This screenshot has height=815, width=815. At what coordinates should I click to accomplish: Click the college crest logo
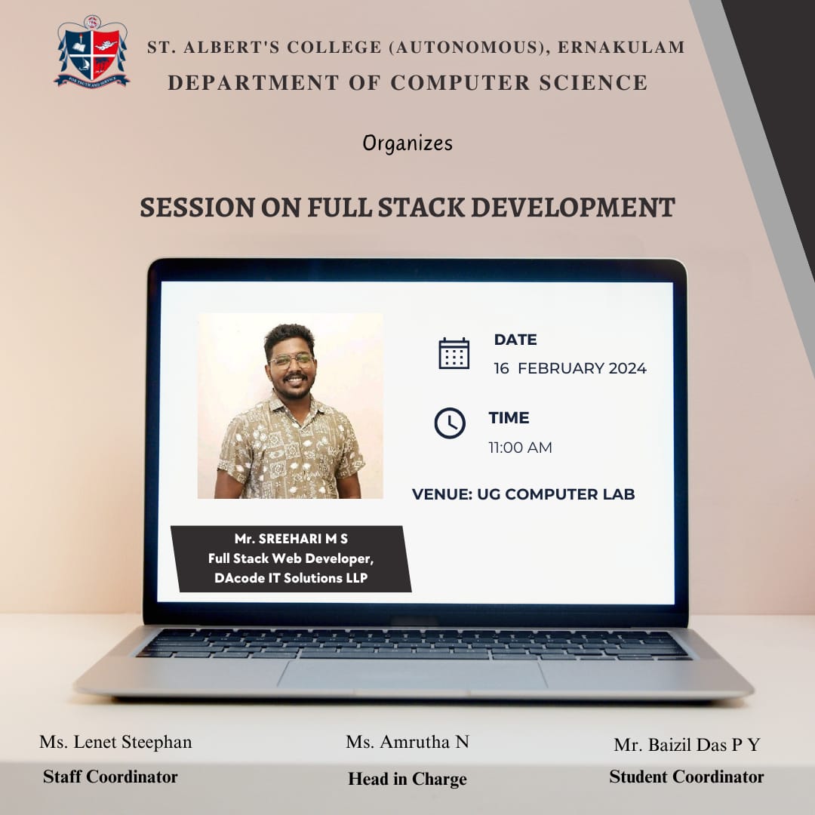[x=92, y=52]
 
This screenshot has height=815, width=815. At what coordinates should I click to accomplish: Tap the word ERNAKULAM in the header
[x=621, y=48]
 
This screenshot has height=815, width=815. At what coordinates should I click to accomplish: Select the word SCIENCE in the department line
[x=593, y=83]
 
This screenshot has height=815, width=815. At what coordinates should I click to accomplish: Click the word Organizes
[x=407, y=143]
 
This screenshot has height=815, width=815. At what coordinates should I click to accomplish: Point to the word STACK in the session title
[x=421, y=208]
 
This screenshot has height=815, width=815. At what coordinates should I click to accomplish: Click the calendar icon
[x=454, y=353]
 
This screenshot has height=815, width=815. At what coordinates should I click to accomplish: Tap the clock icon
[x=450, y=423]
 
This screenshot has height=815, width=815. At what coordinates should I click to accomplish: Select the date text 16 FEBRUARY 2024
[x=570, y=368]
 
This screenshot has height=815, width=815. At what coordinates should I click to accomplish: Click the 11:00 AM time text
[x=520, y=447]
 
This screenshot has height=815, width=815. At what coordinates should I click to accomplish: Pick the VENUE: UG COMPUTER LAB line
[x=524, y=494]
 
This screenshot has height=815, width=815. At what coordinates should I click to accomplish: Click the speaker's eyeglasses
[x=291, y=360]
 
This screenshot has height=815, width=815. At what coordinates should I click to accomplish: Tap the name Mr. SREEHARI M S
[x=291, y=539]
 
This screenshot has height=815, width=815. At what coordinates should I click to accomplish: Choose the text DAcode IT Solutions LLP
[x=291, y=578]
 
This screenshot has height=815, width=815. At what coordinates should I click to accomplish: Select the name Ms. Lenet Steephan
[x=116, y=742]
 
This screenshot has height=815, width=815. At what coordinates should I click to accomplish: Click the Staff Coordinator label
[x=110, y=777]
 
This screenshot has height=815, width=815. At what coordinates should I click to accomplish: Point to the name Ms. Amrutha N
[x=407, y=742]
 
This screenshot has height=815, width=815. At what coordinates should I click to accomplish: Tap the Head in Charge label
[x=407, y=779]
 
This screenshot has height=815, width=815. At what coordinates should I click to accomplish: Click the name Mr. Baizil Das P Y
[x=687, y=745]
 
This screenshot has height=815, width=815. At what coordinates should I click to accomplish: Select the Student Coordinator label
[x=687, y=777]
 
